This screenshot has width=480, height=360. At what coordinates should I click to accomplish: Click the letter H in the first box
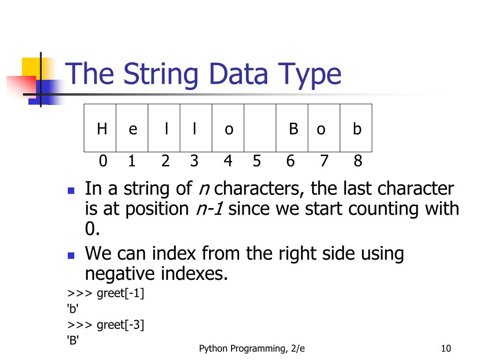pos(102,128)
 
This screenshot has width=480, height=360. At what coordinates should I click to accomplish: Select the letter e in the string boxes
pos(133,129)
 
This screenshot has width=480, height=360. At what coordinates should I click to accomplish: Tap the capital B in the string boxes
pos(293,128)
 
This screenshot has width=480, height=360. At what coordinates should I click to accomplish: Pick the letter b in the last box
pos(357,128)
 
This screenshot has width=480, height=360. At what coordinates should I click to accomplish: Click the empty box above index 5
pos(260,128)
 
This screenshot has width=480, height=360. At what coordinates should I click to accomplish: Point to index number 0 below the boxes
pos(103,161)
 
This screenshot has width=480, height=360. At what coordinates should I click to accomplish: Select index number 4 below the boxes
pos(228,161)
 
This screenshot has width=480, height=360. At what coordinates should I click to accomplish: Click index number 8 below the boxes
pos(358,161)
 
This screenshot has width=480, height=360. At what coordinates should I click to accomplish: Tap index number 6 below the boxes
pos(291,161)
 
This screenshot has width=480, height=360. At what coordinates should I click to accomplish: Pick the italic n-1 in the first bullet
pos(209,209)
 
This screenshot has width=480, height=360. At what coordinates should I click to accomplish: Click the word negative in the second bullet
pos(123,273)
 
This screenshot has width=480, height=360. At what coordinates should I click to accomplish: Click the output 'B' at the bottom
pos(73,340)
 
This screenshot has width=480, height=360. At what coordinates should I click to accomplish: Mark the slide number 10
pos(446,348)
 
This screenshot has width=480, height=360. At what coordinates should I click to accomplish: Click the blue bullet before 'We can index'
pos(71,255)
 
